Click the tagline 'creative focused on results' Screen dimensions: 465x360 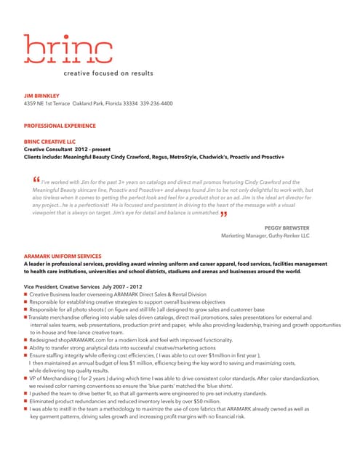tap(108, 73)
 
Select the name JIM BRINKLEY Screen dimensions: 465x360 tap(42, 96)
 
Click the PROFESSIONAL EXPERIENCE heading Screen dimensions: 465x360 tap(59, 126)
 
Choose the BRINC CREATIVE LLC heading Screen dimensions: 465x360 tap(49, 142)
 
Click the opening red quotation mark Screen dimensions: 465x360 tap(36, 181)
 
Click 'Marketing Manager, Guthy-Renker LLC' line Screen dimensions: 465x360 tap(265, 236)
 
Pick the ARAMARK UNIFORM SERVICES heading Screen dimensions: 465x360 tap(63, 256)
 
